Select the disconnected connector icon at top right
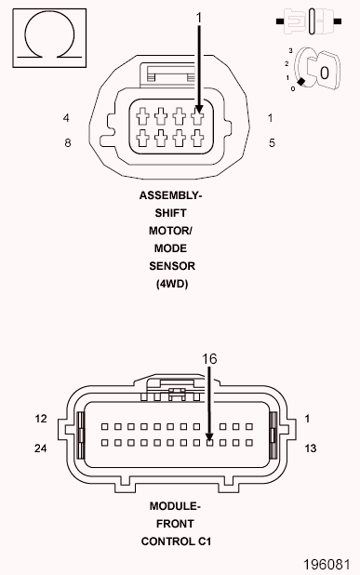click(x=309, y=21)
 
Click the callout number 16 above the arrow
click(x=209, y=358)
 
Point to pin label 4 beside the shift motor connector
click(x=66, y=118)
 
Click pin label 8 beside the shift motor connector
click(x=68, y=142)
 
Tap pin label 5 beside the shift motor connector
click(x=272, y=142)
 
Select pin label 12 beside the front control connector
click(x=41, y=419)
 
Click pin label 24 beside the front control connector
click(x=40, y=448)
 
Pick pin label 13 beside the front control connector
click(x=310, y=448)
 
